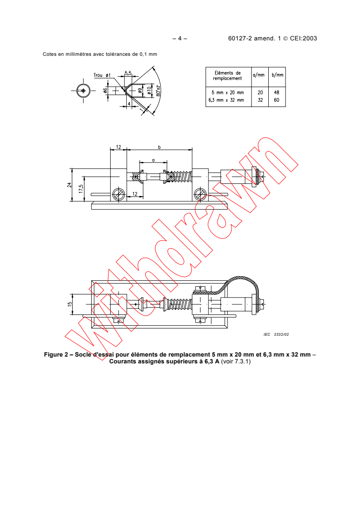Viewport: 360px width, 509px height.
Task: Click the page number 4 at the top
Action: tap(180, 38)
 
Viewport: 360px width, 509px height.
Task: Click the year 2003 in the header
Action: tap(310, 38)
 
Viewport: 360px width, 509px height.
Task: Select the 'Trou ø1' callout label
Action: tap(102, 75)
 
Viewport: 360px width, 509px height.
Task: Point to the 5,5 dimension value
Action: tap(128, 73)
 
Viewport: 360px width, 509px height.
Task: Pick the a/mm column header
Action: tap(259, 75)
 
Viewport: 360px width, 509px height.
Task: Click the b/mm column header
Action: tap(277, 75)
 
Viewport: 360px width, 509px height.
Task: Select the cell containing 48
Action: tap(276, 93)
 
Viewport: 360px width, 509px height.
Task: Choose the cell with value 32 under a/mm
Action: tap(260, 100)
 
